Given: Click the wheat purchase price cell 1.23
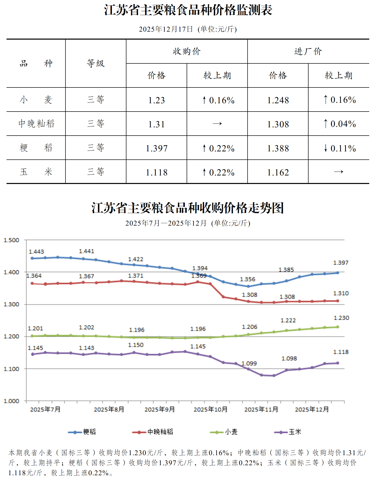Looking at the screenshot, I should pyautogui.click(x=157, y=100).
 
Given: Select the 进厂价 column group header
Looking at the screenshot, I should pyautogui.click(x=308, y=51).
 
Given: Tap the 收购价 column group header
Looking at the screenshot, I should pyautogui.click(x=187, y=51).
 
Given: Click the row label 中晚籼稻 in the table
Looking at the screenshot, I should pyautogui.click(x=36, y=124).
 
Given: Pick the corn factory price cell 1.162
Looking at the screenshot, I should pyautogui.click(x=278, y=172).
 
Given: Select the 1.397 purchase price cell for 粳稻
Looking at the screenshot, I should pyautogui.click(x=157, y=148).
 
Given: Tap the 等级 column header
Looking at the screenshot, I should pyautogui.click(x=96, y=63).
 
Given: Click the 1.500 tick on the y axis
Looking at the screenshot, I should pyautogui.click(x=11, y=240).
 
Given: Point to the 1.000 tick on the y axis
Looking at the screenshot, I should pyautogui.click(x=11, y=401).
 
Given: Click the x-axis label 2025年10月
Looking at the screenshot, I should pyautogui.click(x=210, y=409).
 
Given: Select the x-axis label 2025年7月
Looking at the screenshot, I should pyautogui.click(x=45, y=409).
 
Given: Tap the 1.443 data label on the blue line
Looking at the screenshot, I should pyautogui.click(x=36, y=252).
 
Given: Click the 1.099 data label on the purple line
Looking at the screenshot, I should pyautogui.click(x=249, y=363).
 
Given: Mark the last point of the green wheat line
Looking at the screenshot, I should pyautogui.click(x=337, y=327).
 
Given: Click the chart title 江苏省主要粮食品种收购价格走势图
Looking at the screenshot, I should pyautogui.click(x=188, y=208).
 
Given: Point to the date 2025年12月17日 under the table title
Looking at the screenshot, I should pyautogui.click(x=166, y=29).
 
